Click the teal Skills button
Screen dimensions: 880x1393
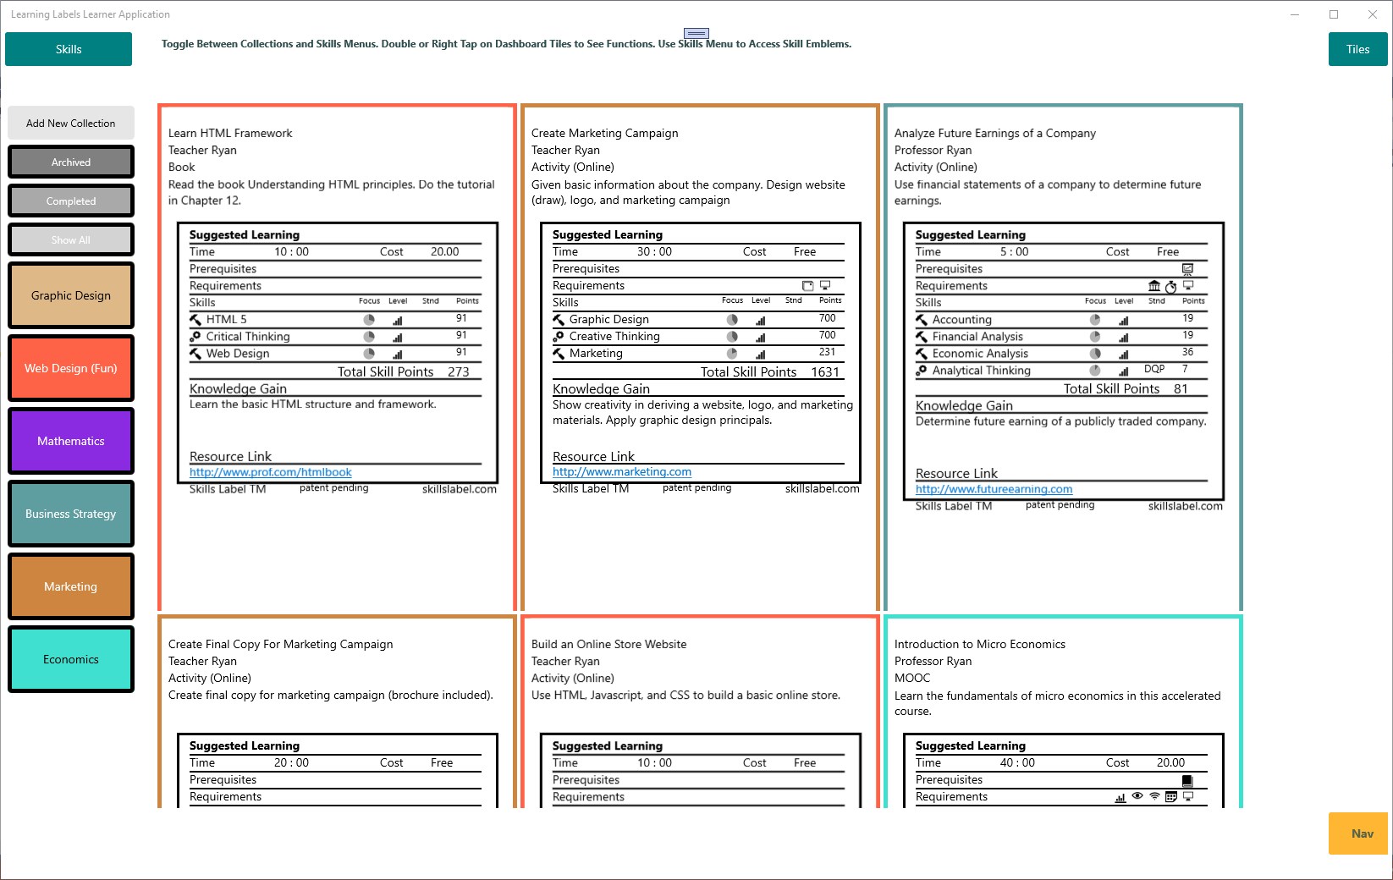point(69,49)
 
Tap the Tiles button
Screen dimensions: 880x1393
point(1357,49)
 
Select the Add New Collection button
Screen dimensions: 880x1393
point(70,123)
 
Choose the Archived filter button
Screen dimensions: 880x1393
point(71,162)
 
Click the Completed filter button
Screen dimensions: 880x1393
point(71,201)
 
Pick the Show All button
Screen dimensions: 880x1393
point(71,239)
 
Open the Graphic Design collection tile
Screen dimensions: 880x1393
point(71,295)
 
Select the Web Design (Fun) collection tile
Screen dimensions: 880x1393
point(71,368)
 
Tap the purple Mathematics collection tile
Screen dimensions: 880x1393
point(71,441)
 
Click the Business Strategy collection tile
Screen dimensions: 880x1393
point(71,514)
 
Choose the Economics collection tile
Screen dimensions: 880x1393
point(71,659)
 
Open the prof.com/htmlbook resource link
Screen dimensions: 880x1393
point(270,472)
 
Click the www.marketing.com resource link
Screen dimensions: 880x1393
point(622,472)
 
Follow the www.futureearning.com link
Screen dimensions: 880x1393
point(994,489)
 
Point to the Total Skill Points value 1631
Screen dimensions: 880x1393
point(825,372)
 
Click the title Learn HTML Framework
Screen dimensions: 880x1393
point(230,133)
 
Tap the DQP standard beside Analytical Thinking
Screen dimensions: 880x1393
point(1154,369)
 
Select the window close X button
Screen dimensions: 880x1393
point(1373,14)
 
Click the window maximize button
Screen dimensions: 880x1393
point(1334,14)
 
